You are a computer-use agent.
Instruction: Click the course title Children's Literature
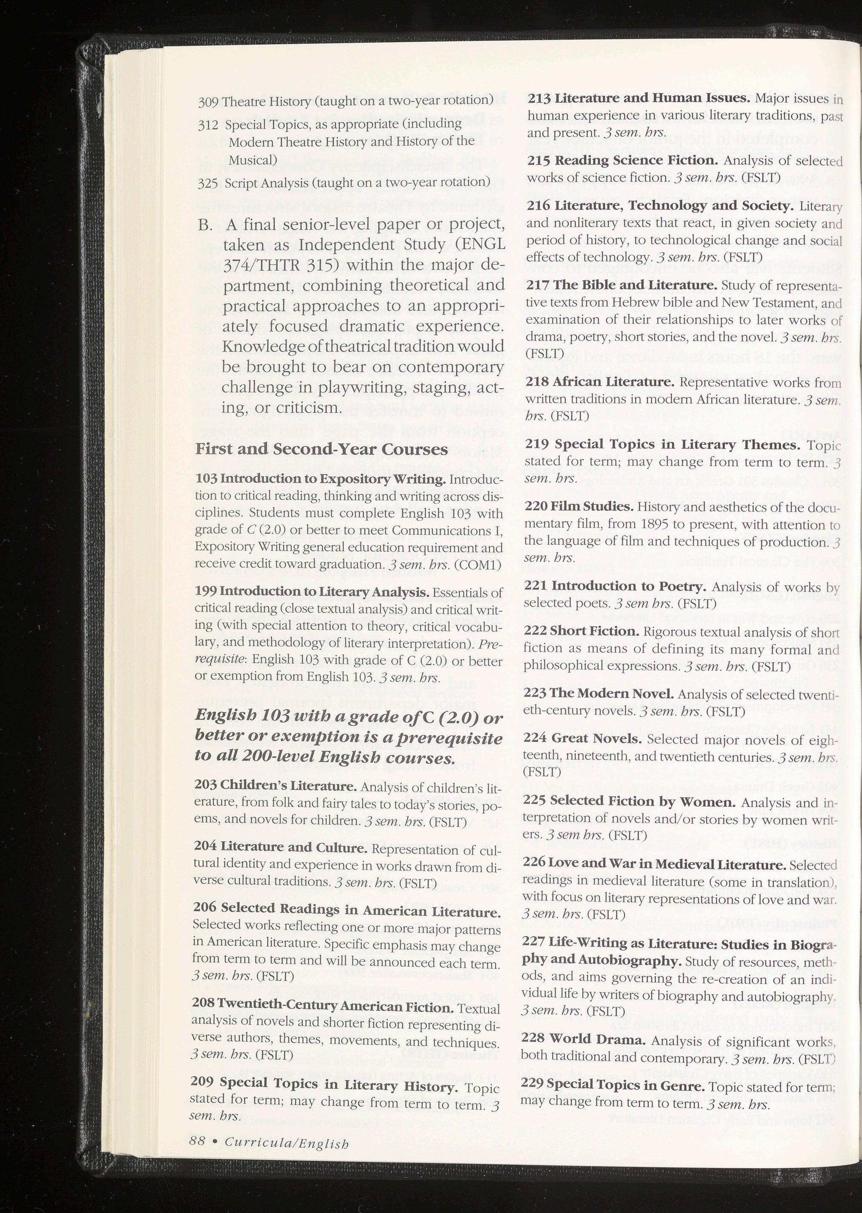288,785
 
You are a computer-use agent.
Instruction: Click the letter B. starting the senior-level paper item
206,225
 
